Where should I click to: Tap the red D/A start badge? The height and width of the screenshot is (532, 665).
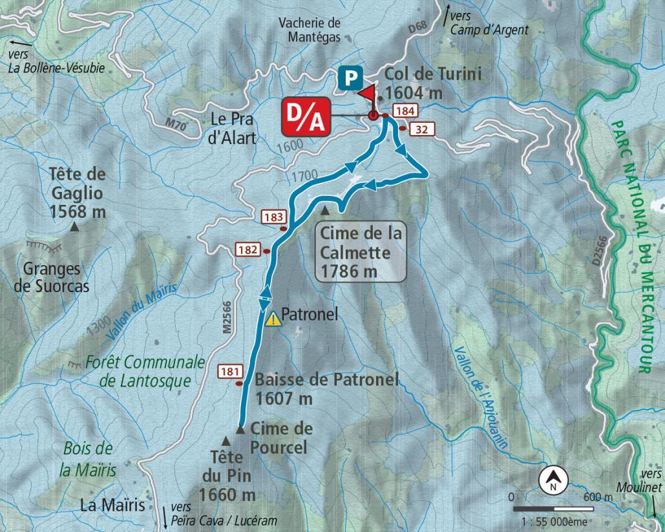click(306, 116)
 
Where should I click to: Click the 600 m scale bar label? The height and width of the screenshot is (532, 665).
click(597, 498)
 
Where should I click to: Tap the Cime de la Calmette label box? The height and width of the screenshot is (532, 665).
click(360, 252)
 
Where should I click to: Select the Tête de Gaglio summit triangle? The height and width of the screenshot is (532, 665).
click(75, 227)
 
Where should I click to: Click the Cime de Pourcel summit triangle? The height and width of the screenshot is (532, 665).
click(240, 429)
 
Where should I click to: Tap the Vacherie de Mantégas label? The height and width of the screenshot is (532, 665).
click(310, 30)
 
